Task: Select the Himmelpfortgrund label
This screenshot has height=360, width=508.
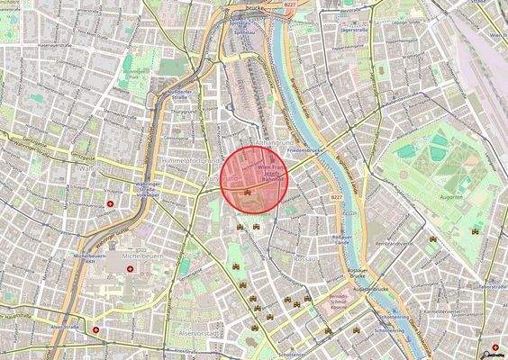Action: click(188, 159)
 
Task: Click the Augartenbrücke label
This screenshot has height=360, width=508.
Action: click(369, 289)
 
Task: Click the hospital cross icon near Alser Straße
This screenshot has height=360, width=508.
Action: click(95, 329)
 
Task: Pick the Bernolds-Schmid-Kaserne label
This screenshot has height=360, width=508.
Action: click(338, 301)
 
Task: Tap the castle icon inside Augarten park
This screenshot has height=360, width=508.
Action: click(475, 230)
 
